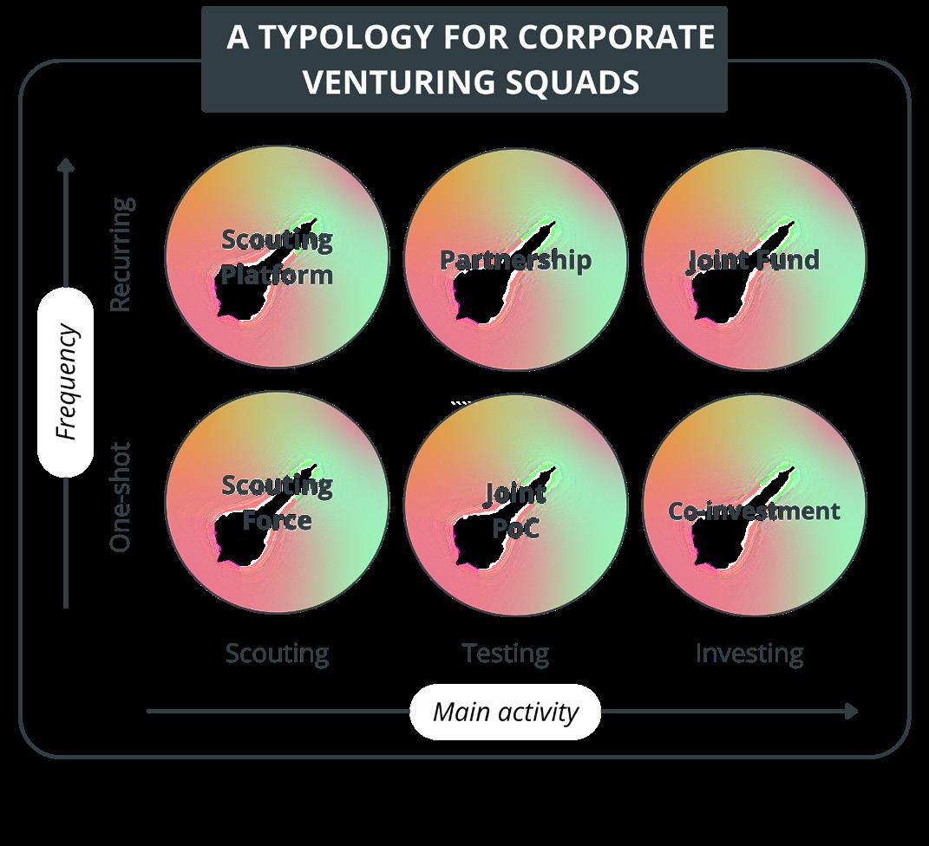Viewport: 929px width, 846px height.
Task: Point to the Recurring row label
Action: click(x=122, y=255)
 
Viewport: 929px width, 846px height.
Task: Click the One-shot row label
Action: click(x=121, y=497)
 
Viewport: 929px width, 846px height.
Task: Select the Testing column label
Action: click(x=505, y=653)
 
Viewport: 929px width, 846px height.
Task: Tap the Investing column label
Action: click(x=749, y=653)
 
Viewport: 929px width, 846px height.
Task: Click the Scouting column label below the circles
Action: click(x=277, y=653)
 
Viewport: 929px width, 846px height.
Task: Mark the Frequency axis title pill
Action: click(x=66, y=382)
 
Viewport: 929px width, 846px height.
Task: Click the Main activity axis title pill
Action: click(x=505, y=712)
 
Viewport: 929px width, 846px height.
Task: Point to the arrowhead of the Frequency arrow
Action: click(x=66, y=164)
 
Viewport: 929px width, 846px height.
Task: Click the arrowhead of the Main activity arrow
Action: click(x=851, y=712)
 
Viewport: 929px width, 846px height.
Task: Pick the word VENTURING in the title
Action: click(x=397, y=82)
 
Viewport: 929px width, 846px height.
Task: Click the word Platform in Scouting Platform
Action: click(x=277, y=275)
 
